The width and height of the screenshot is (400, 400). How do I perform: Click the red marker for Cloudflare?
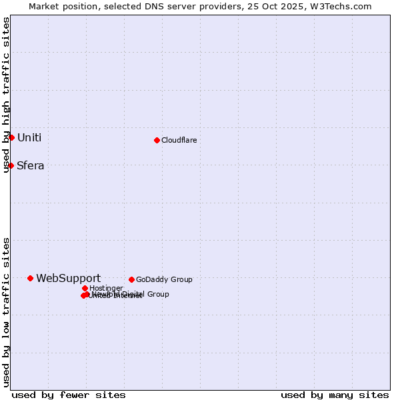point(157,140)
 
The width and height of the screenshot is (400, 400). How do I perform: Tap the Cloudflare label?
point(179,140)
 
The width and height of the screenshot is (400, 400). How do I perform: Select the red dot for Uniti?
point(11,137)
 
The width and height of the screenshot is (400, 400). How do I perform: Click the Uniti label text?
point(29,138)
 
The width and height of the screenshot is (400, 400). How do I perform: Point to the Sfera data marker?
point(11,165)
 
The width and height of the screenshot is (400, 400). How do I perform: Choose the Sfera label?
point(30,166)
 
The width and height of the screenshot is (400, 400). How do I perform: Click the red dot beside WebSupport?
point(30,278)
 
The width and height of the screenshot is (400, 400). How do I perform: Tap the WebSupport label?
point(68,279)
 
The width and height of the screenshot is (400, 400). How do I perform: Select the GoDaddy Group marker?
point(131,279)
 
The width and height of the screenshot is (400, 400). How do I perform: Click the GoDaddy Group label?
point(163,280)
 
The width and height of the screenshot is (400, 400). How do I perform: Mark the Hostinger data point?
point(85,288)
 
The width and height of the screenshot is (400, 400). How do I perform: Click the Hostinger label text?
point(106,289)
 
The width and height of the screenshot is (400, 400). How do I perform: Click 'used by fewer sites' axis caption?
point(69,395)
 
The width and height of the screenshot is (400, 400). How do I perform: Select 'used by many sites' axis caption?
point(335,395)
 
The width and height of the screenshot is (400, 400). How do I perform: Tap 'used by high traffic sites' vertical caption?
point(6,95)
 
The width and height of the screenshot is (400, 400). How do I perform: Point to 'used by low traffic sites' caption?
point(6,312)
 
